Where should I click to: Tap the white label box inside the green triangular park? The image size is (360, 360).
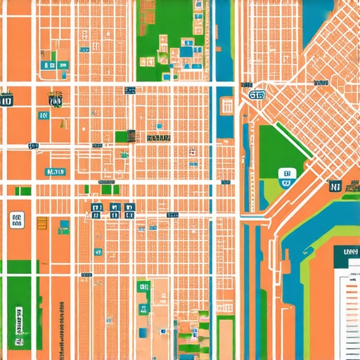[x=285, y=178]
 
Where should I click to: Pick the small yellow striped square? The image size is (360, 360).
[x=42, y=224]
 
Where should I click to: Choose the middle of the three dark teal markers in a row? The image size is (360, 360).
[x=113, y=208]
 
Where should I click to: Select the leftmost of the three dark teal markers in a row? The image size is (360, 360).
[x=97, y=208]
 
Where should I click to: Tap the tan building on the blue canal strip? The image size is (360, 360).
[x=226, y=106]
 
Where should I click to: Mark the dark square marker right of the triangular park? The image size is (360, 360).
[x=335, y=186]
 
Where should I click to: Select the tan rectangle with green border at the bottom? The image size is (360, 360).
[x=225, y=337]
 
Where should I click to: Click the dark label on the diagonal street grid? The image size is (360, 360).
[x=321, y=84]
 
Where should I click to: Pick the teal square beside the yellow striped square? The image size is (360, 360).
[x=64, y=226]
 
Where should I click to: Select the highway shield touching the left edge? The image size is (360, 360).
[x=6, y=101]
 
